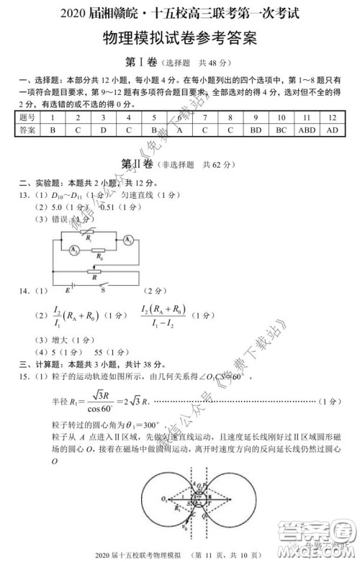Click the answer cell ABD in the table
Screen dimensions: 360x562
307,130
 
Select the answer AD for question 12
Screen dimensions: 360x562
332,130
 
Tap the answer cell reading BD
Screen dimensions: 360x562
256,130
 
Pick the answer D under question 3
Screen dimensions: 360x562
103,130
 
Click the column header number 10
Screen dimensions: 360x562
281,117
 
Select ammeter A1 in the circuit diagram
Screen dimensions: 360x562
126,239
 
